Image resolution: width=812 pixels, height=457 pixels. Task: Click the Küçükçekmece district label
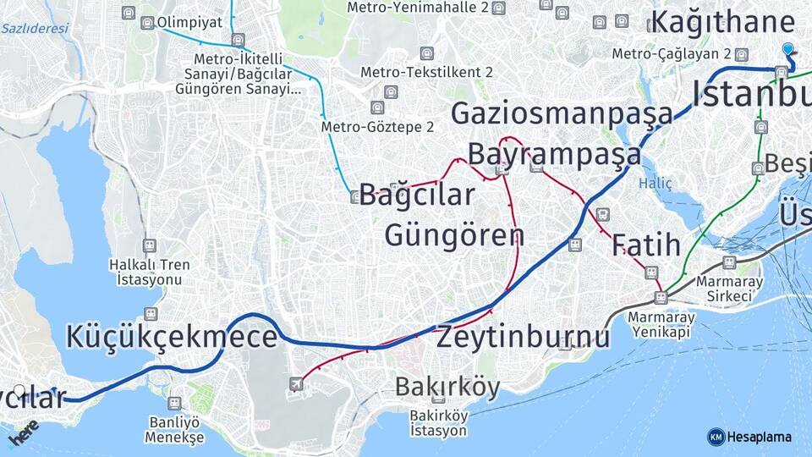tap(172, 337)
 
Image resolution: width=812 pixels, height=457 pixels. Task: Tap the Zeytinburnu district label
tap(523, 337)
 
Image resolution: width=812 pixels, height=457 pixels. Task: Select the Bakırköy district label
tap(447, 387)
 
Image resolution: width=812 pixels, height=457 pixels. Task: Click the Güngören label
tap(454, 234)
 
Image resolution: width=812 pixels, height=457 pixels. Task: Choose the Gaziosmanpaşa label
tap(562, 113)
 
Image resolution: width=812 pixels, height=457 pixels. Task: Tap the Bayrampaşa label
tap(554, 154)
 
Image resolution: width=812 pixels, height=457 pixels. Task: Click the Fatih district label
tap(646, 245)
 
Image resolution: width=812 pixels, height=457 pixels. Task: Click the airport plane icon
tap(296, 385)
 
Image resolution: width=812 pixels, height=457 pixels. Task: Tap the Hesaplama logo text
tap(759, 437)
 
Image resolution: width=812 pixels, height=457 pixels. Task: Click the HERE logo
tap(24, 432)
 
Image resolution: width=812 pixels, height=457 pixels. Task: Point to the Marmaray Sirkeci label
tap(729, 289)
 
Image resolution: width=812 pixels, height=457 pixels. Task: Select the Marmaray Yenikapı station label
tap(661, 324)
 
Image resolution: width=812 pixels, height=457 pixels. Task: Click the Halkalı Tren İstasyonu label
tap(150, 272)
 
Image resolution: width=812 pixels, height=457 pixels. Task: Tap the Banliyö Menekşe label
tap(174, 430)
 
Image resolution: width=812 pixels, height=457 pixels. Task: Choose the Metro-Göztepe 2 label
tap(377, 127)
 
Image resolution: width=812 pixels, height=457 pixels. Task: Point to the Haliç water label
tap(656, 183)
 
